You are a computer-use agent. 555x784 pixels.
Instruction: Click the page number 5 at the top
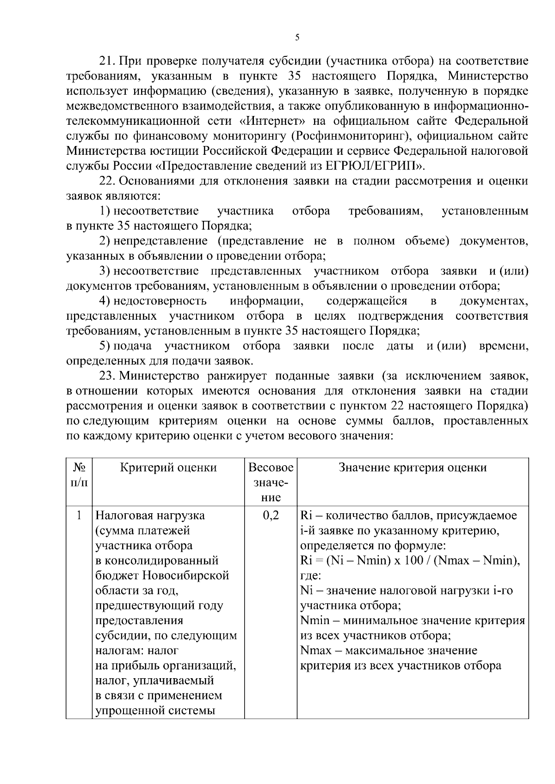297,38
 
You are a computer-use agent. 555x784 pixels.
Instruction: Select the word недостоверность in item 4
160,301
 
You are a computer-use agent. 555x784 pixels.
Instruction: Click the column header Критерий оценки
168,468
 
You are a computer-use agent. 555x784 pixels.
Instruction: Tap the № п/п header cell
79,475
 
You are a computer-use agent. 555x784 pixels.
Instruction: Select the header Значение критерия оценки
413,468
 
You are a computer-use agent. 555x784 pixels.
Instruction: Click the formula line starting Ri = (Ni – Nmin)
410,561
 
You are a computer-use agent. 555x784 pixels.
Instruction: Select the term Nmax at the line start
316,651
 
